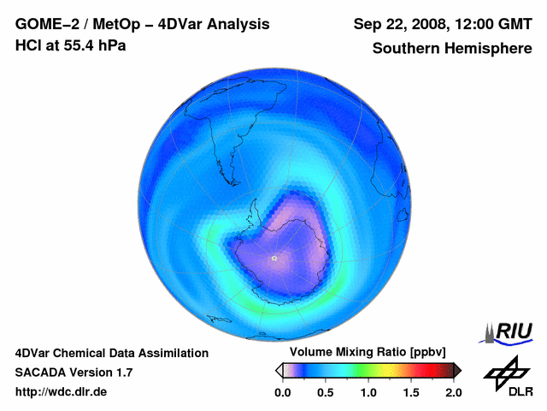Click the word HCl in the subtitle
(27, 45)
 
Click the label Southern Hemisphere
(451, 48)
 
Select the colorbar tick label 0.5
(325, 392)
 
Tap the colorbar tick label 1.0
(368, 392)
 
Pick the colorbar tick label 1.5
(411, 392)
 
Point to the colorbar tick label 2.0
(454, 392)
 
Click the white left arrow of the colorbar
(279, 370)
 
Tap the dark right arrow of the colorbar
(457, 370)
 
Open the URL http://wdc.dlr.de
(62, 392)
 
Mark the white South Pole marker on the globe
(273, 258)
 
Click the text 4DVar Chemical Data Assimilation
(112, 353)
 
